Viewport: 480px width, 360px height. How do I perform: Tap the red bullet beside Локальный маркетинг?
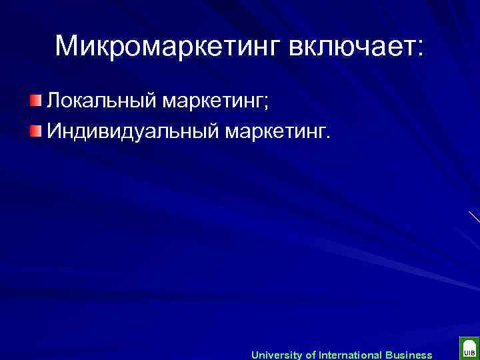pos(35,101)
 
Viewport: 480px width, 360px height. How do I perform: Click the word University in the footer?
pos(276,355)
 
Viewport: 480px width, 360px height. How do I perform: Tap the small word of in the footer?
pos(310,355)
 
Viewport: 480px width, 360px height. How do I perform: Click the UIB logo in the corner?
pos(469,349)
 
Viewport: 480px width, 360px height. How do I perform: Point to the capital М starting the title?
pos(66,46)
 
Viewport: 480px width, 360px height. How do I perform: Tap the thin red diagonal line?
pos(474,217)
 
